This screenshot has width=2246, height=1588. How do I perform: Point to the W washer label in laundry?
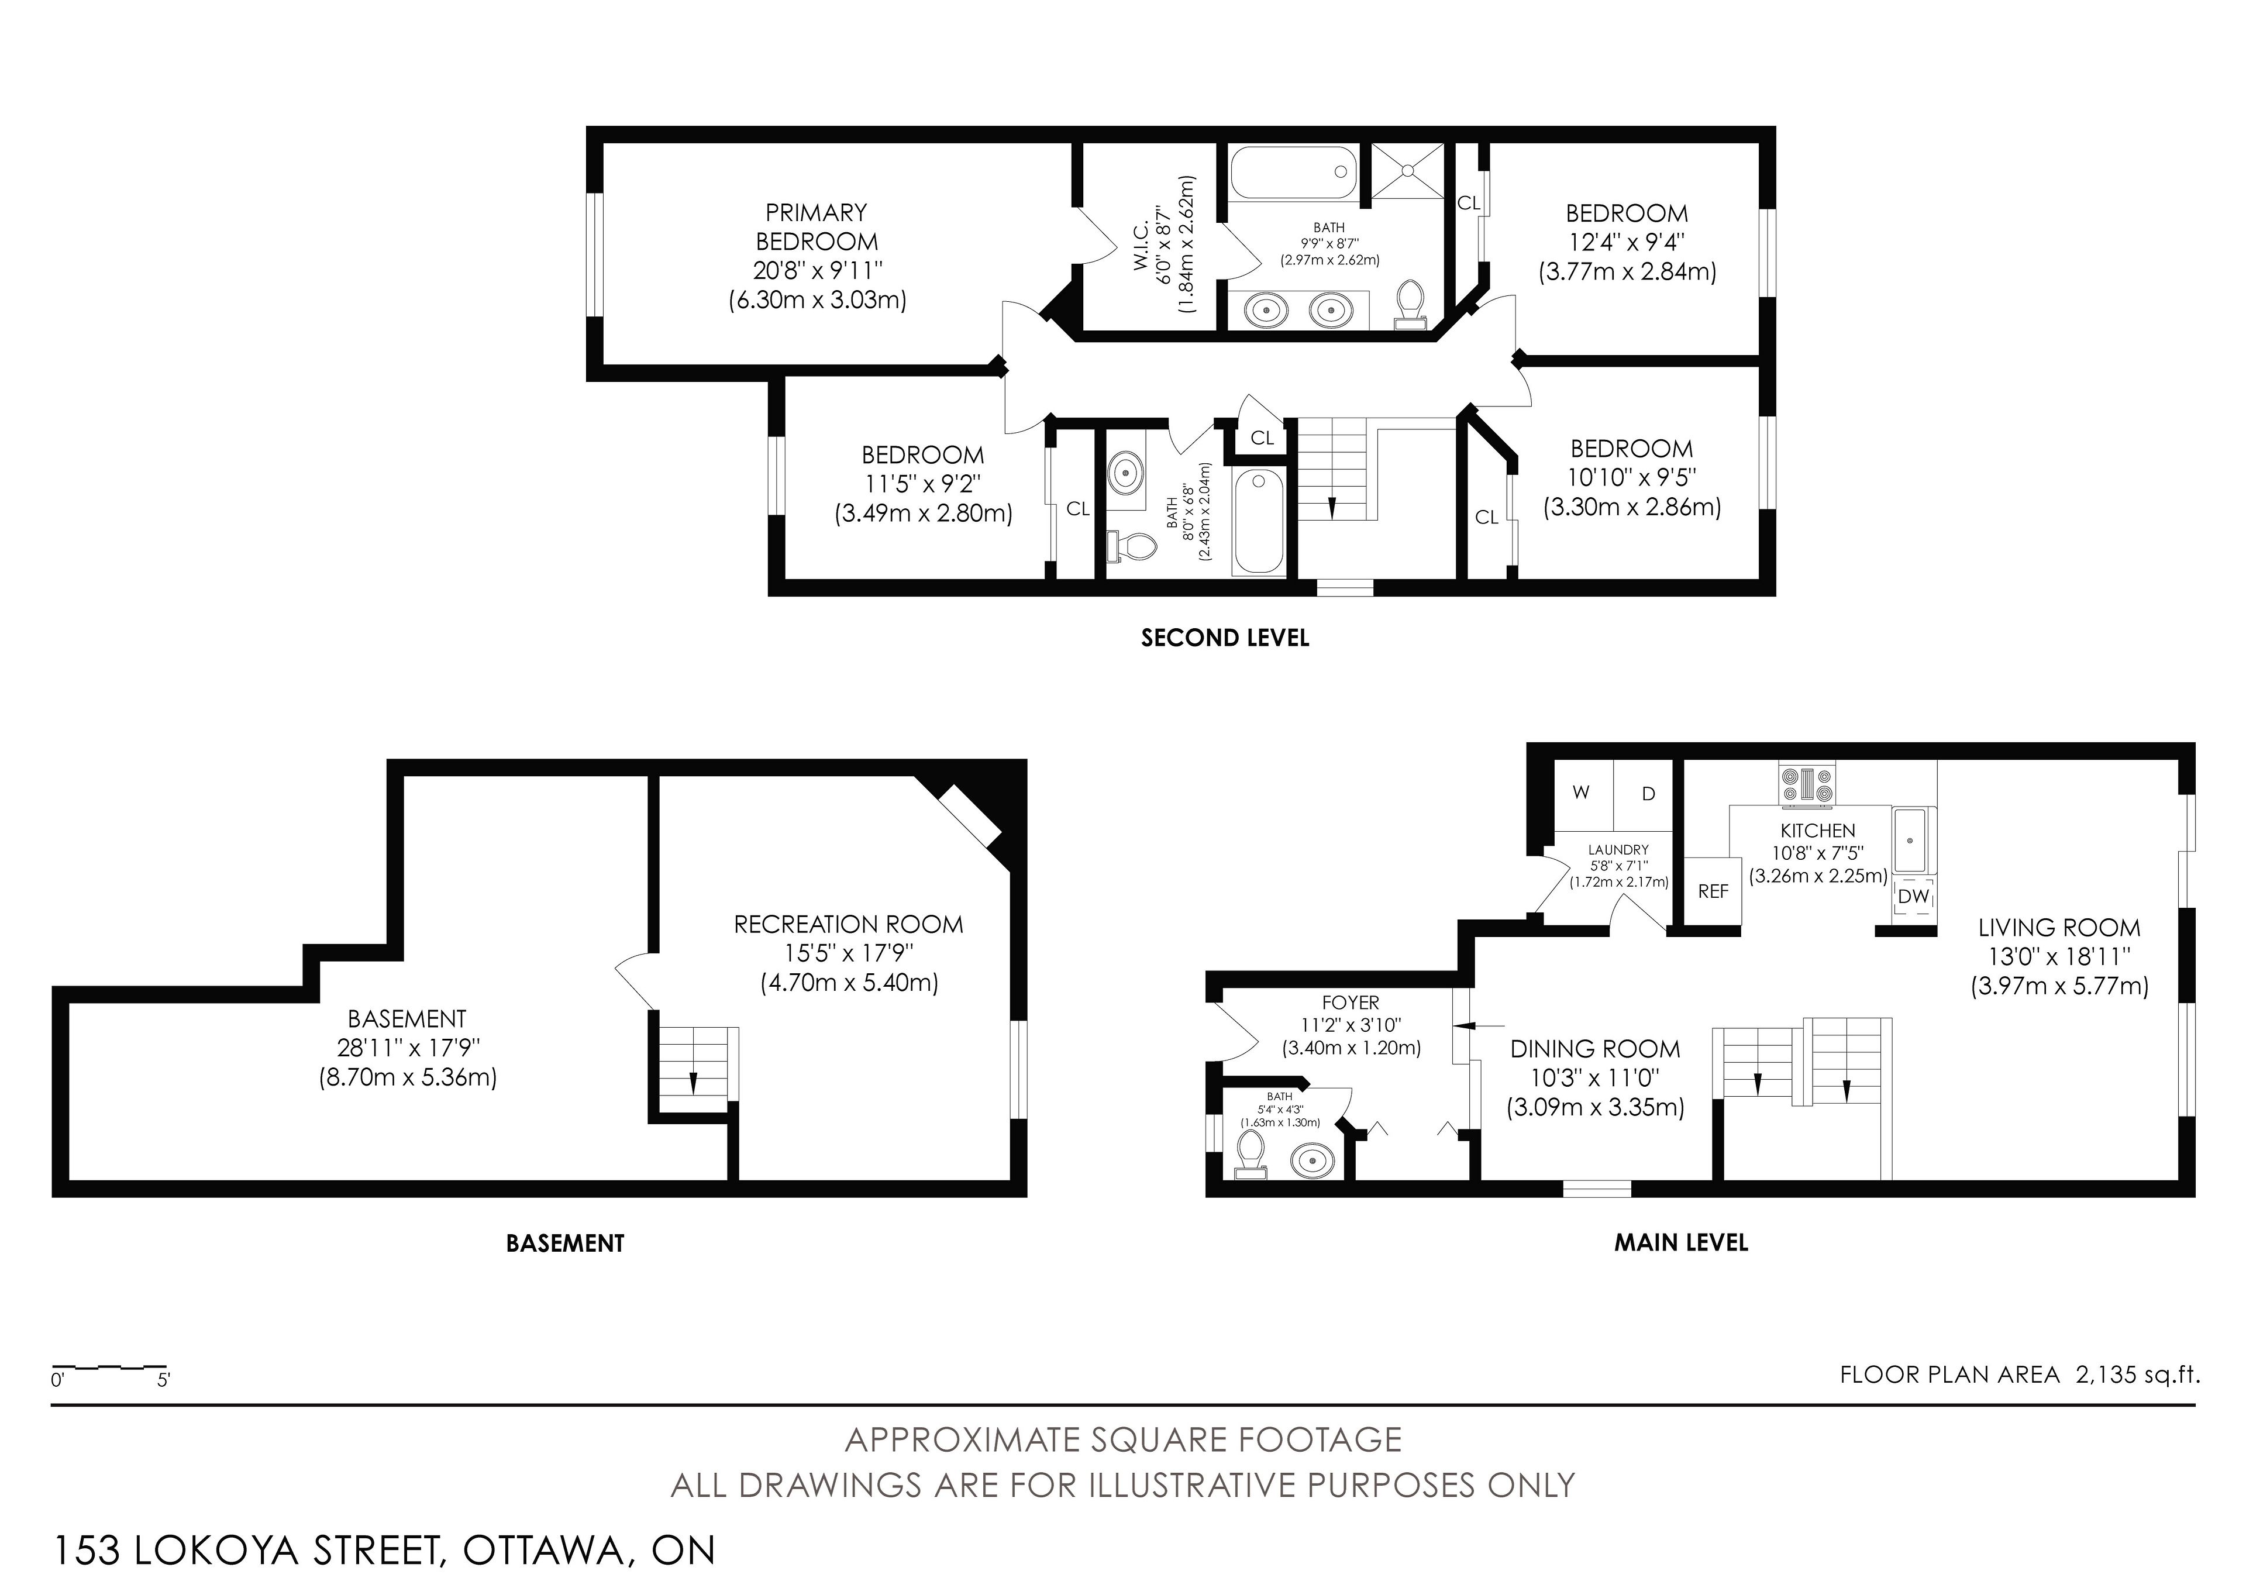click(x=1581, y=793)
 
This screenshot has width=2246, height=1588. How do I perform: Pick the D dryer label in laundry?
click(x=1648, y=794)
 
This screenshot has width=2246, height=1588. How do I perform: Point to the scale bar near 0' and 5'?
click(x=109, y=1366)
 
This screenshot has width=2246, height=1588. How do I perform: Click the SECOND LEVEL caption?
click(x=1225, y=638)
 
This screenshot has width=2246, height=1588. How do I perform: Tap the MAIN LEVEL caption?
click(x=1680, y=1242)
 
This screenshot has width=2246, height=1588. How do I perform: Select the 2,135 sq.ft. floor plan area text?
click(x=2137, y=1375)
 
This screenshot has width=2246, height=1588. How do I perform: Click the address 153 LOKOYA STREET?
click(x=246, y=1551)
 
